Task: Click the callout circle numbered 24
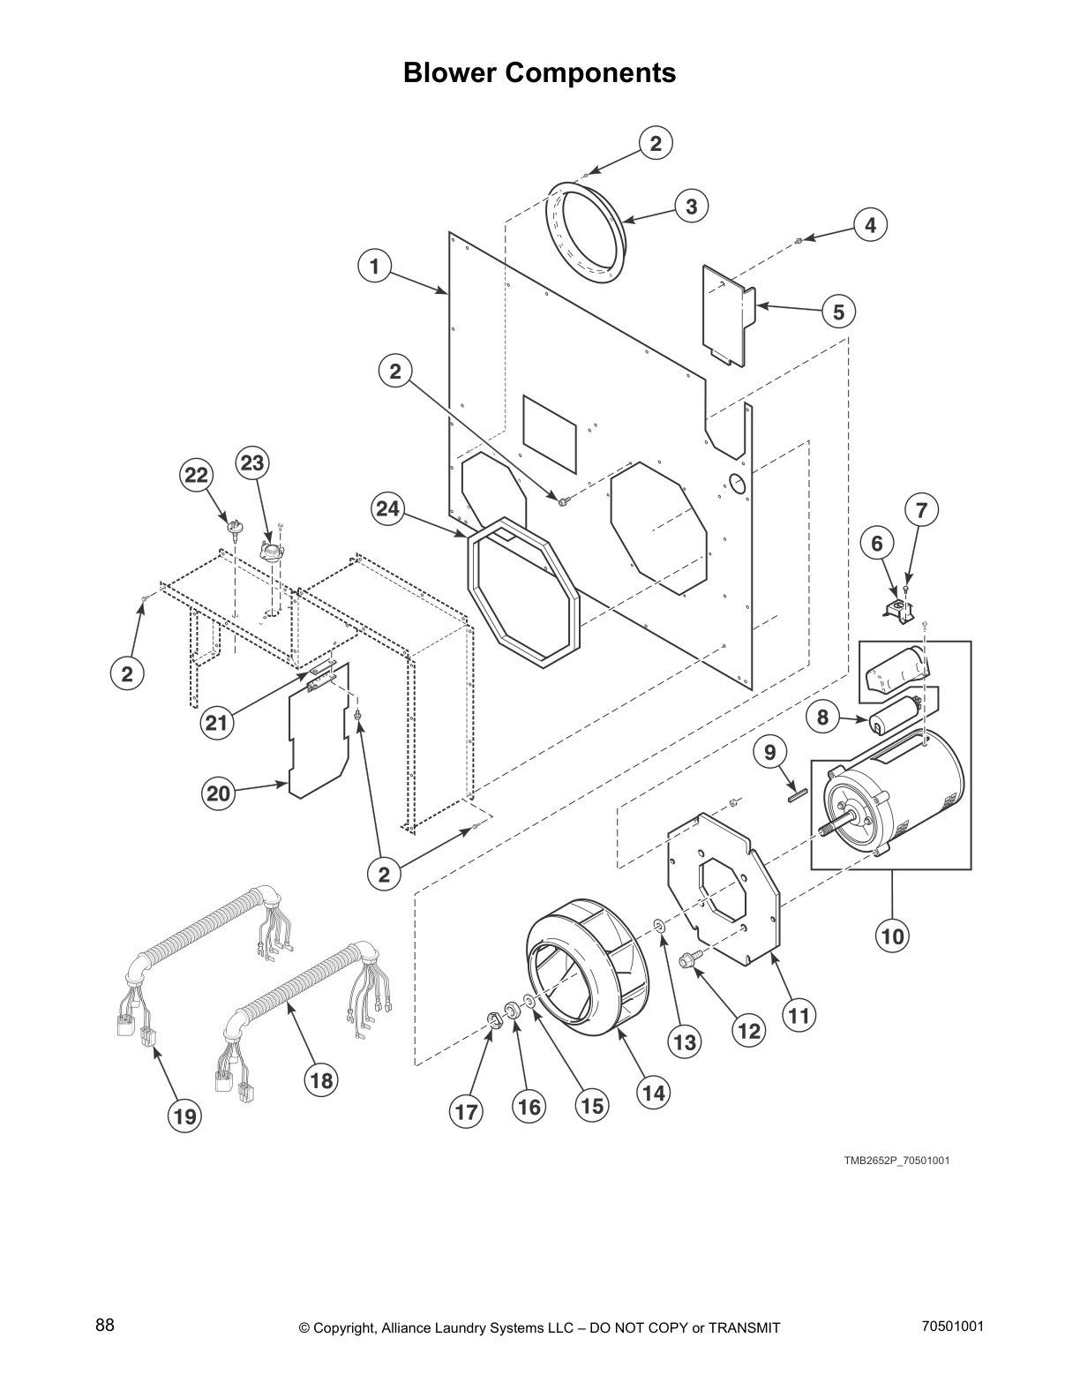[x=386, y=509]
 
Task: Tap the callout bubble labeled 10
[x=893, y=935]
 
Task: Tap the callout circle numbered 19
[x=184, y=1116]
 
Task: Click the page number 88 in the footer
[x=105, y=1326]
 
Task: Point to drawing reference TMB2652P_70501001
[x=896, y=1160]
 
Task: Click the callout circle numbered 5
[x=838, y=312]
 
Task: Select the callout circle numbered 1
[x=374, y=266]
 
